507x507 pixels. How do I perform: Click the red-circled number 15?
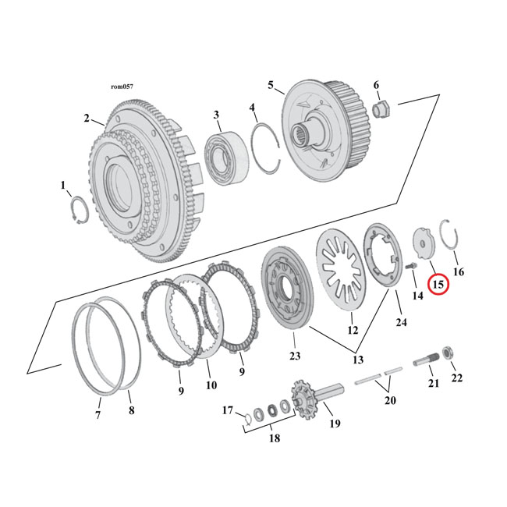pyautogui.click(x=438, y=285)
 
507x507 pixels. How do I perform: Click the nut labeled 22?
pyautogui.click(x=452, y=356)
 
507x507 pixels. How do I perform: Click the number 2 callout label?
pyautogui.click(x=87, y=119)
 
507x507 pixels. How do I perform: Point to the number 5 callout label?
pyautogui.click(x=271, y=86)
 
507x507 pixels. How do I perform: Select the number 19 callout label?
pyautogui.click(x=335, y=424)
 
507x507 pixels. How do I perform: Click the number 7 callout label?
pyautogui.click(x=98, y=415)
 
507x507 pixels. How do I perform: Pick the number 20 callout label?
pyautogui.click(x=390, y=400)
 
